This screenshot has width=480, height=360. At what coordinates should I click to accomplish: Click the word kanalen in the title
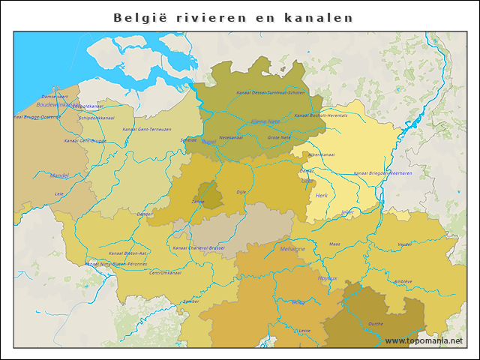pyautogui.click(x=321, y=17)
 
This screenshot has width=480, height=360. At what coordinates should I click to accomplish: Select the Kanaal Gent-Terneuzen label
pyautogui.click(x=145, y=129)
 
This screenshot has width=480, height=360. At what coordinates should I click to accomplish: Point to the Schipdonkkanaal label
pyautogui.click(x=96, y=118)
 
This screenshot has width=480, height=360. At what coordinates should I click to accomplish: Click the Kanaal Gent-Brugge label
pyautogui.click(x=85, y=140)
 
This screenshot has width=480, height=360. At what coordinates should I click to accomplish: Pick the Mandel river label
pyautogui.click(x=59, y=175)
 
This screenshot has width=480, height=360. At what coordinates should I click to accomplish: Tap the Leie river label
pyautogui.click(x=59, y=193)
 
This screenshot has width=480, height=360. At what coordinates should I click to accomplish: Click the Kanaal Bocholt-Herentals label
pyautogui.click(x=321, y=115)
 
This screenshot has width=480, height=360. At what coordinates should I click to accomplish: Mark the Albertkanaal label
pyautogui.click(x=321, y=154)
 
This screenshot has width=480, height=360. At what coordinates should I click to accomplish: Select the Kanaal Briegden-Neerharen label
pyautogui.click(x=382, y=172)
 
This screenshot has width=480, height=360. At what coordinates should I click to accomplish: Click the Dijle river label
pyautogui.click(x=241, y=192)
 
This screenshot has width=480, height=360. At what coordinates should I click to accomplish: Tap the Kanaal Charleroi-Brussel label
pyautogui.click(x=198, y=247)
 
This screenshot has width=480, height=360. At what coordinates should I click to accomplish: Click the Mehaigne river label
pyautogui.click(x=292, y=248)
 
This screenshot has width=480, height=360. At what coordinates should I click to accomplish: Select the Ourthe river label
pyautogui.click(x=376, y=323)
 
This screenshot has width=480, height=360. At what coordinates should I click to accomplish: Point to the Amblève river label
pyautogui.click(x=403, y=281)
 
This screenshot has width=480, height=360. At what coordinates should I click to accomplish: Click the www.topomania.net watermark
pyautogui.click(x=423, y=340)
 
